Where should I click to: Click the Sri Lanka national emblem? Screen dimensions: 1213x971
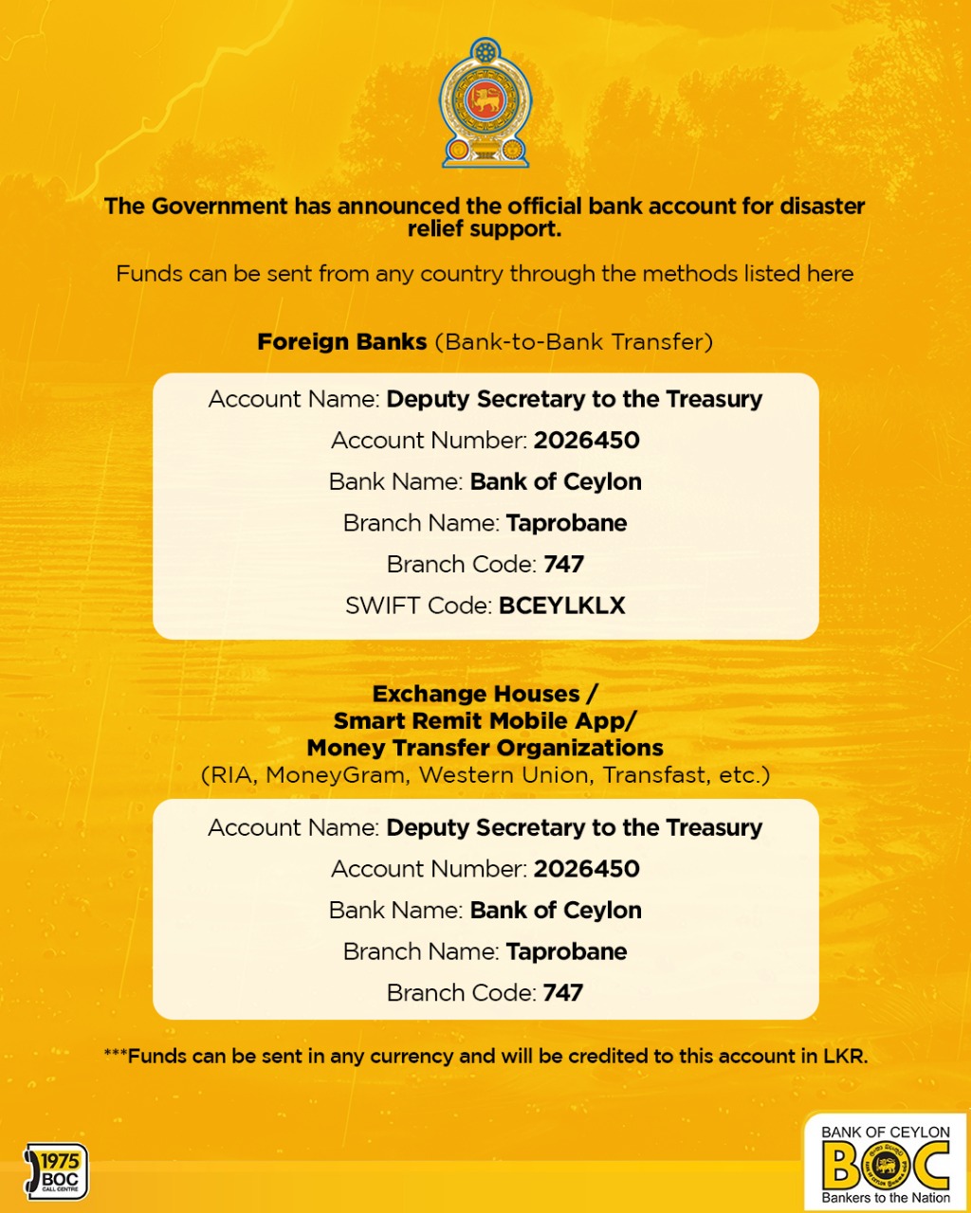tap(485, 102)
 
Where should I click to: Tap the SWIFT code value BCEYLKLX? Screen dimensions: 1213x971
tap(562, 606)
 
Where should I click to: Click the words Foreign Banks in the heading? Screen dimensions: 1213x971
tap(342, 342)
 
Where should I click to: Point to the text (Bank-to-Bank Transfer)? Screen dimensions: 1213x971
tap(574, 342)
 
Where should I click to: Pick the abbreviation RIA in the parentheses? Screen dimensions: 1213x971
tap(232, 775)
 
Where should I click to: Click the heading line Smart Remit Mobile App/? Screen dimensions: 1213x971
tap(485, 721)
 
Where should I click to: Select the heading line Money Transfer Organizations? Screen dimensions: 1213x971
tap(485, 748)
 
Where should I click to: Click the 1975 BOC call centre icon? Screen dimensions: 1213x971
tap(56, 1171)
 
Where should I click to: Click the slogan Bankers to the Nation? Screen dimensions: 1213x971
tap(886, 1198)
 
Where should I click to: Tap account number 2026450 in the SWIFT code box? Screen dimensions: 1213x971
tap(586, 441)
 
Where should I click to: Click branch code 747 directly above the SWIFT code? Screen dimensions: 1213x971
tap(563, 565)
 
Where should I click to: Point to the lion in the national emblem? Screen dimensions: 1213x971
tap(485, 98)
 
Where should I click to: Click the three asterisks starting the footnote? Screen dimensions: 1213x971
tap(115, 1055)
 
